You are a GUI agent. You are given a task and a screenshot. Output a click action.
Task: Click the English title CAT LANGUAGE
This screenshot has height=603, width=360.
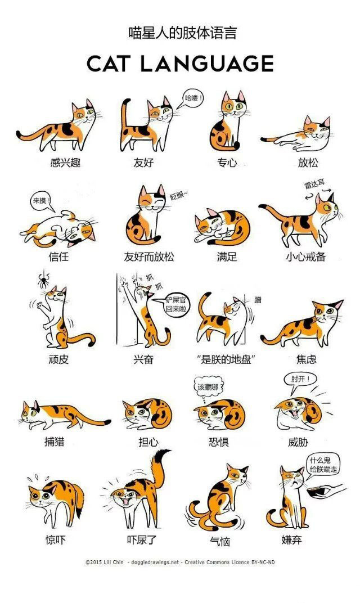[x=180, y=63]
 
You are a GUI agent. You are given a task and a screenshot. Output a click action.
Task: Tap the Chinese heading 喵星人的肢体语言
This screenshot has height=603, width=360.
[x=180, y=33]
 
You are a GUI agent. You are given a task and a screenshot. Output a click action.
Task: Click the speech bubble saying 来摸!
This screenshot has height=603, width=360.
[x=40, y=200]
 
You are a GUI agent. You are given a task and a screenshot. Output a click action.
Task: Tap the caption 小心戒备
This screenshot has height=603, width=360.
[x=305, y=257]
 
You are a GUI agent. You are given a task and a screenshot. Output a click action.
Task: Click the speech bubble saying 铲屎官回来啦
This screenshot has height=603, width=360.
[x=175, y=305]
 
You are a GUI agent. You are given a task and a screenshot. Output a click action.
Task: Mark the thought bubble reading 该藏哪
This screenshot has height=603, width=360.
[x=207, y=387]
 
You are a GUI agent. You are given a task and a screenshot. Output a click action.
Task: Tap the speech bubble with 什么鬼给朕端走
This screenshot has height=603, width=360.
[x=323, y=465]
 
